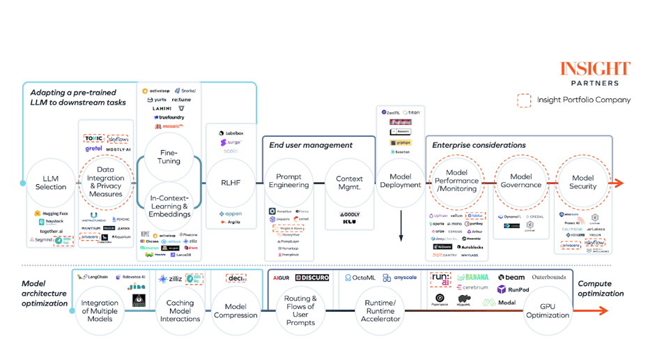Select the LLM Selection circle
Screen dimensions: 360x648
(x=51, y=183)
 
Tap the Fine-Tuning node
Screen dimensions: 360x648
(x=169, y=157)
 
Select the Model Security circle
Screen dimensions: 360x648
(x=583, y=182)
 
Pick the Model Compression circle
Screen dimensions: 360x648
(x=236, y=310)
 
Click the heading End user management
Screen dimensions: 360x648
(x=311, y=145)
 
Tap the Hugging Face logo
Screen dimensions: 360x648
(x=51, y=213)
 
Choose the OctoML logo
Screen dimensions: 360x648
(x=360, y=278)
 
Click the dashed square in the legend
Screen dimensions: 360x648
(x=524, y=100)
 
